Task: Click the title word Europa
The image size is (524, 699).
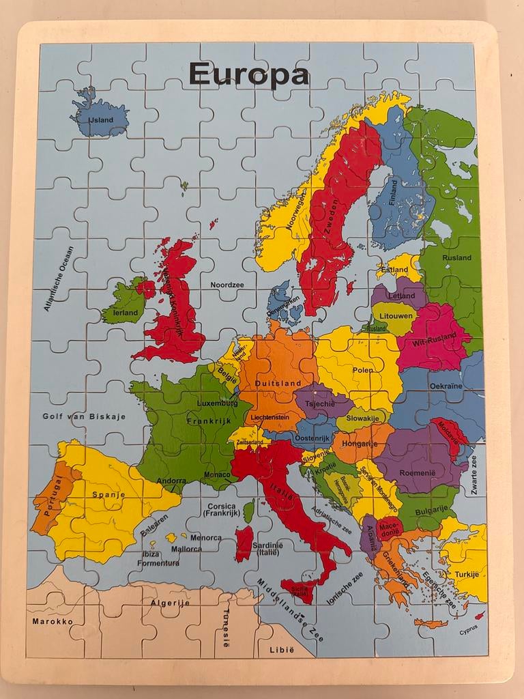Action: [x=248, y=74]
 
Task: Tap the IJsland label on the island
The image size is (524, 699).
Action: [x=100, y=119]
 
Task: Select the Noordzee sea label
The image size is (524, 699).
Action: [x=227, y=285]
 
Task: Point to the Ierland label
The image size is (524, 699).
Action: [x=125, y=313]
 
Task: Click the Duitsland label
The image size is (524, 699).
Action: [x=278, y=384]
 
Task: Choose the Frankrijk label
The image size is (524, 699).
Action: [x=192, y=422]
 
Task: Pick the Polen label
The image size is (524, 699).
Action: [x=363, y=370]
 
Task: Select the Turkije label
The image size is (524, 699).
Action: [x=467, y=574]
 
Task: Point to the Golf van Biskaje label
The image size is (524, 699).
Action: [x=84, y=416]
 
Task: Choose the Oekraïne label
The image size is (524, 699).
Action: [x=446, y=386]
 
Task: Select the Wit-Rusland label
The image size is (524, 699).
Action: [x=435, y=337]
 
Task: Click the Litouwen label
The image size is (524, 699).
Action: [x=395, y=316]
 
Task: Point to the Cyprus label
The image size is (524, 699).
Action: [x=469, y=631]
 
